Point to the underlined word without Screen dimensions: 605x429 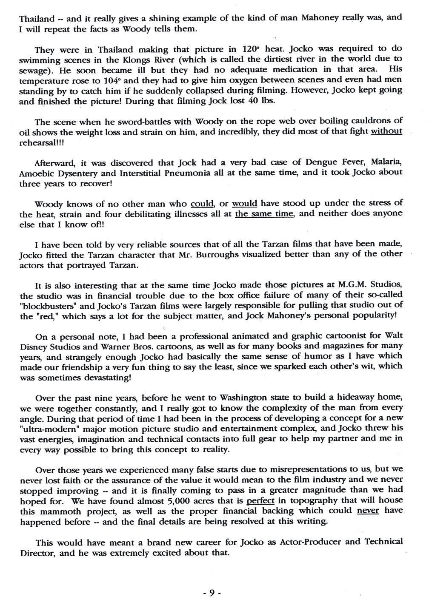386,131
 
